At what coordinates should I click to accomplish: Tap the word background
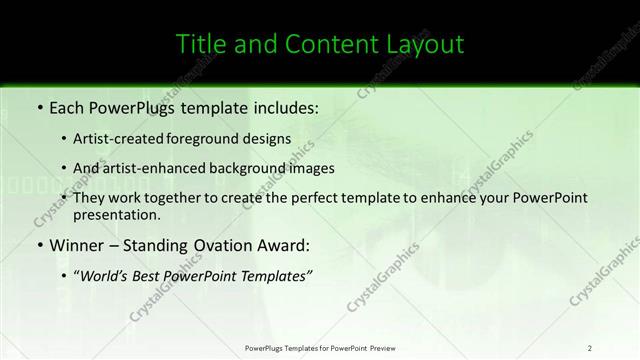point(255,168)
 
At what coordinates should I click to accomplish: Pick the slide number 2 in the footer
point(590,347)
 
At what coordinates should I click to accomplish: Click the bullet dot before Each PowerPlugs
point(38,106)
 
